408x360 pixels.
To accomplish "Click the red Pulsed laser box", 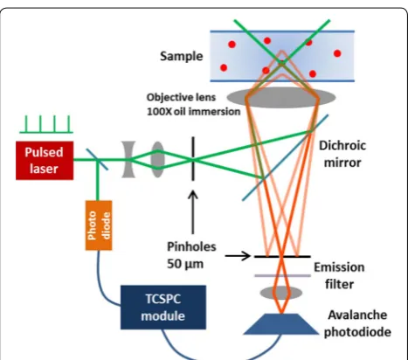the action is coord(45,161).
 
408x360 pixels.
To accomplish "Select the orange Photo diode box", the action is coord(99,225).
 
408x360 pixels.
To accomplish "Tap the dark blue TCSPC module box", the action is coord(163,308).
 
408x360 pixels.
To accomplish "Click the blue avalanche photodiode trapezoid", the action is coord(281,324).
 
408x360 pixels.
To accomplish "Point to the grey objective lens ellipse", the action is coord(281,98).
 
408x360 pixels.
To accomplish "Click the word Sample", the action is coord(182,56).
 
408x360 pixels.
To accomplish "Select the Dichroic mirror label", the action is coord(342,154).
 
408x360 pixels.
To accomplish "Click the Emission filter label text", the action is coord(339,275).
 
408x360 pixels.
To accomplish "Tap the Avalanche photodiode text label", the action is coord(357,323).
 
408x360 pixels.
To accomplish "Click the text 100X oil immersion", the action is coord(194,112).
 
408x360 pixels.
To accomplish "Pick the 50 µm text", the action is coord(185,264).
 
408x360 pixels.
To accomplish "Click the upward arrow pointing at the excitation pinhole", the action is coord(192,212).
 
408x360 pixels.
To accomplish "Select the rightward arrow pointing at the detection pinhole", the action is coord(238,256).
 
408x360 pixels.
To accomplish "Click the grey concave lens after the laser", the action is coord(128,159).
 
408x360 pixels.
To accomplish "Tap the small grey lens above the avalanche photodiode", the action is coord(281,293).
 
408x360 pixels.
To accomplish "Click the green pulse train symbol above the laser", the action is coord(46,124).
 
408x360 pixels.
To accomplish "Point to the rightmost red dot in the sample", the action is coord(337,53).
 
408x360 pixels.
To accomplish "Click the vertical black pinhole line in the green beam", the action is coord(192,159).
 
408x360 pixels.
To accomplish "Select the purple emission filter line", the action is coord(282,275).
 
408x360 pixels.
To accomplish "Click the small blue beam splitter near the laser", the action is coord(97,159).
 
